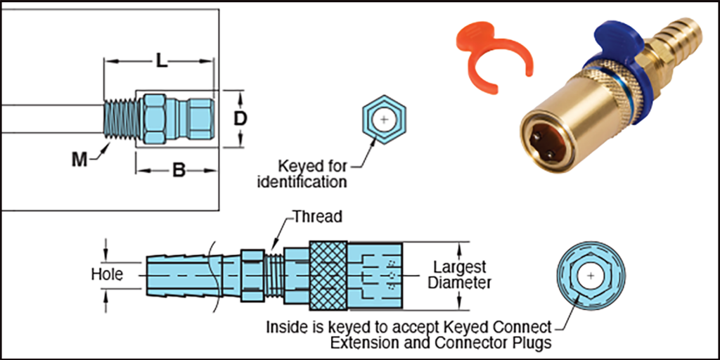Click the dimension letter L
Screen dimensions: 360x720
tap(161, 62)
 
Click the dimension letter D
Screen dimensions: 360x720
tap(240, 119)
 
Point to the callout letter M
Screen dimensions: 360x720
tap(80, 160)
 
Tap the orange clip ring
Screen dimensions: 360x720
tap(486, 53)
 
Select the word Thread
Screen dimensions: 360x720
tap(317, 217)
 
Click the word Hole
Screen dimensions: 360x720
tap(107, 274)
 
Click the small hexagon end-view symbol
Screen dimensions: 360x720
tap(383, 120)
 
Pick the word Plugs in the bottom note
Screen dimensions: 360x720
tap(533, 343)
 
